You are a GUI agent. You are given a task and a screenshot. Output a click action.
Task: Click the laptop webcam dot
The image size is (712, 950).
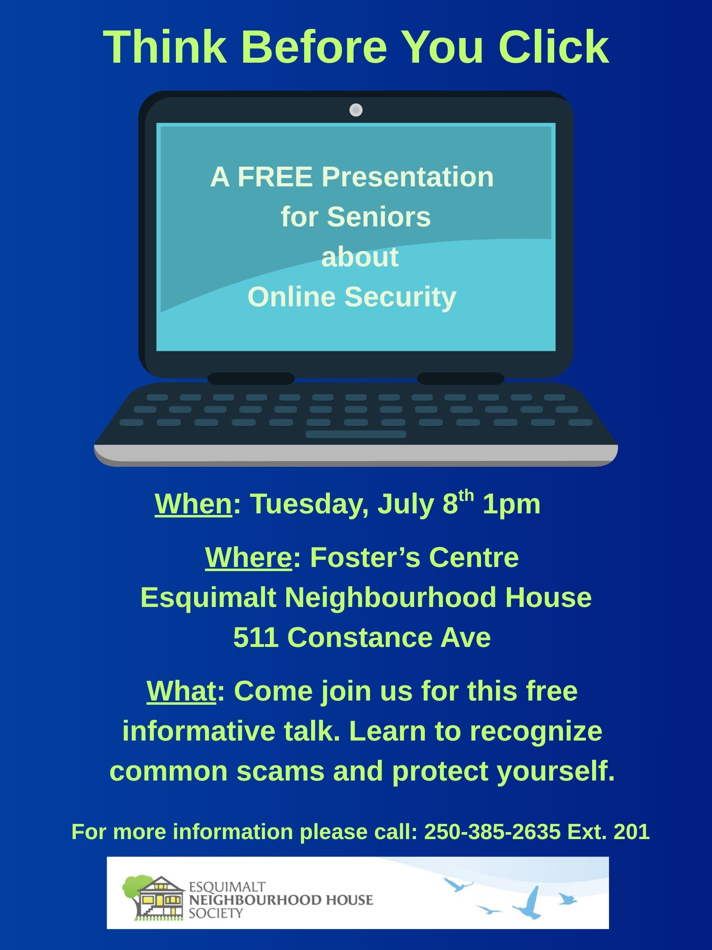tap(356, 110)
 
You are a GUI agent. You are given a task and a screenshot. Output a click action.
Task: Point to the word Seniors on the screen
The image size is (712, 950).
tap(379, 216)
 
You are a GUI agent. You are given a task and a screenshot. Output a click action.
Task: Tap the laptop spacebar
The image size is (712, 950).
tap(356, 434)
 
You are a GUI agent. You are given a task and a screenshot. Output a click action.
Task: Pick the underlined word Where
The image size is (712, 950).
tap(248, 557)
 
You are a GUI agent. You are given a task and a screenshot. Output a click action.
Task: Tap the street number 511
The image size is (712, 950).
tap(255, 637)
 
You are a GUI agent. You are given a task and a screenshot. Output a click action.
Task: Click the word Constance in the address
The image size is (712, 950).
tap(360, 637)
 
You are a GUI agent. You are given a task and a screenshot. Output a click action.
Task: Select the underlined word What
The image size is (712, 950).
tap(181, 691)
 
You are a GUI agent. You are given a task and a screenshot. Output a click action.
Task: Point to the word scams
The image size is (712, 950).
tap(280, 771)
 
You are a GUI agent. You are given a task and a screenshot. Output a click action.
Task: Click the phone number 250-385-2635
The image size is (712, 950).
tap(492, 832)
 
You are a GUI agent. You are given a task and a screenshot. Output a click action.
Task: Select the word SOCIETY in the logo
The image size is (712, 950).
tap(216, 913)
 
